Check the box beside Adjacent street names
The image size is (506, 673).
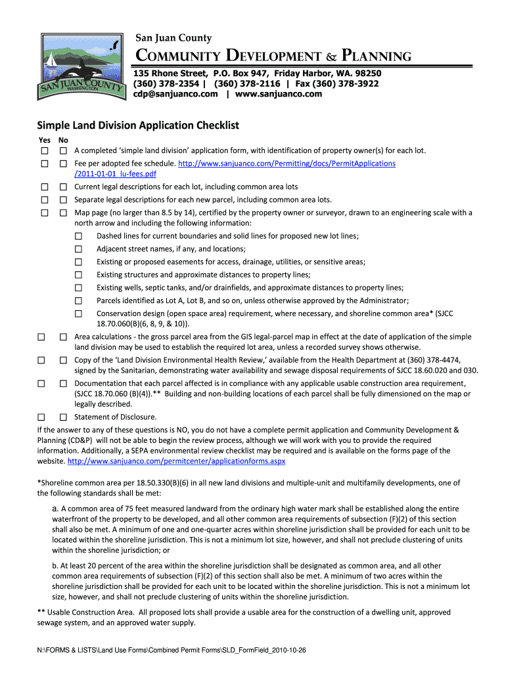coord(79,249)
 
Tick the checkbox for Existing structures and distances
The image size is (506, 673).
coord(79,275)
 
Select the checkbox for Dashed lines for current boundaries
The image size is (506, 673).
coord(79,236)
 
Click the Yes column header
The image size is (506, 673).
coord(43,140)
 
